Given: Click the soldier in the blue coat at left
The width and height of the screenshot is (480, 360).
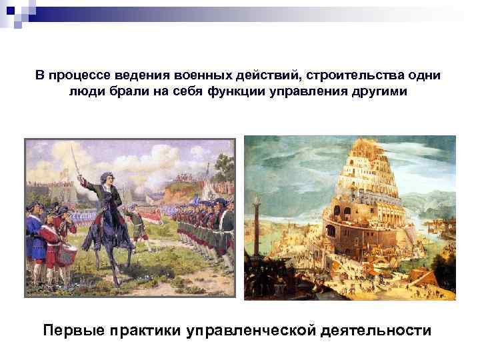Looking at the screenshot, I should pos(33,234).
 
